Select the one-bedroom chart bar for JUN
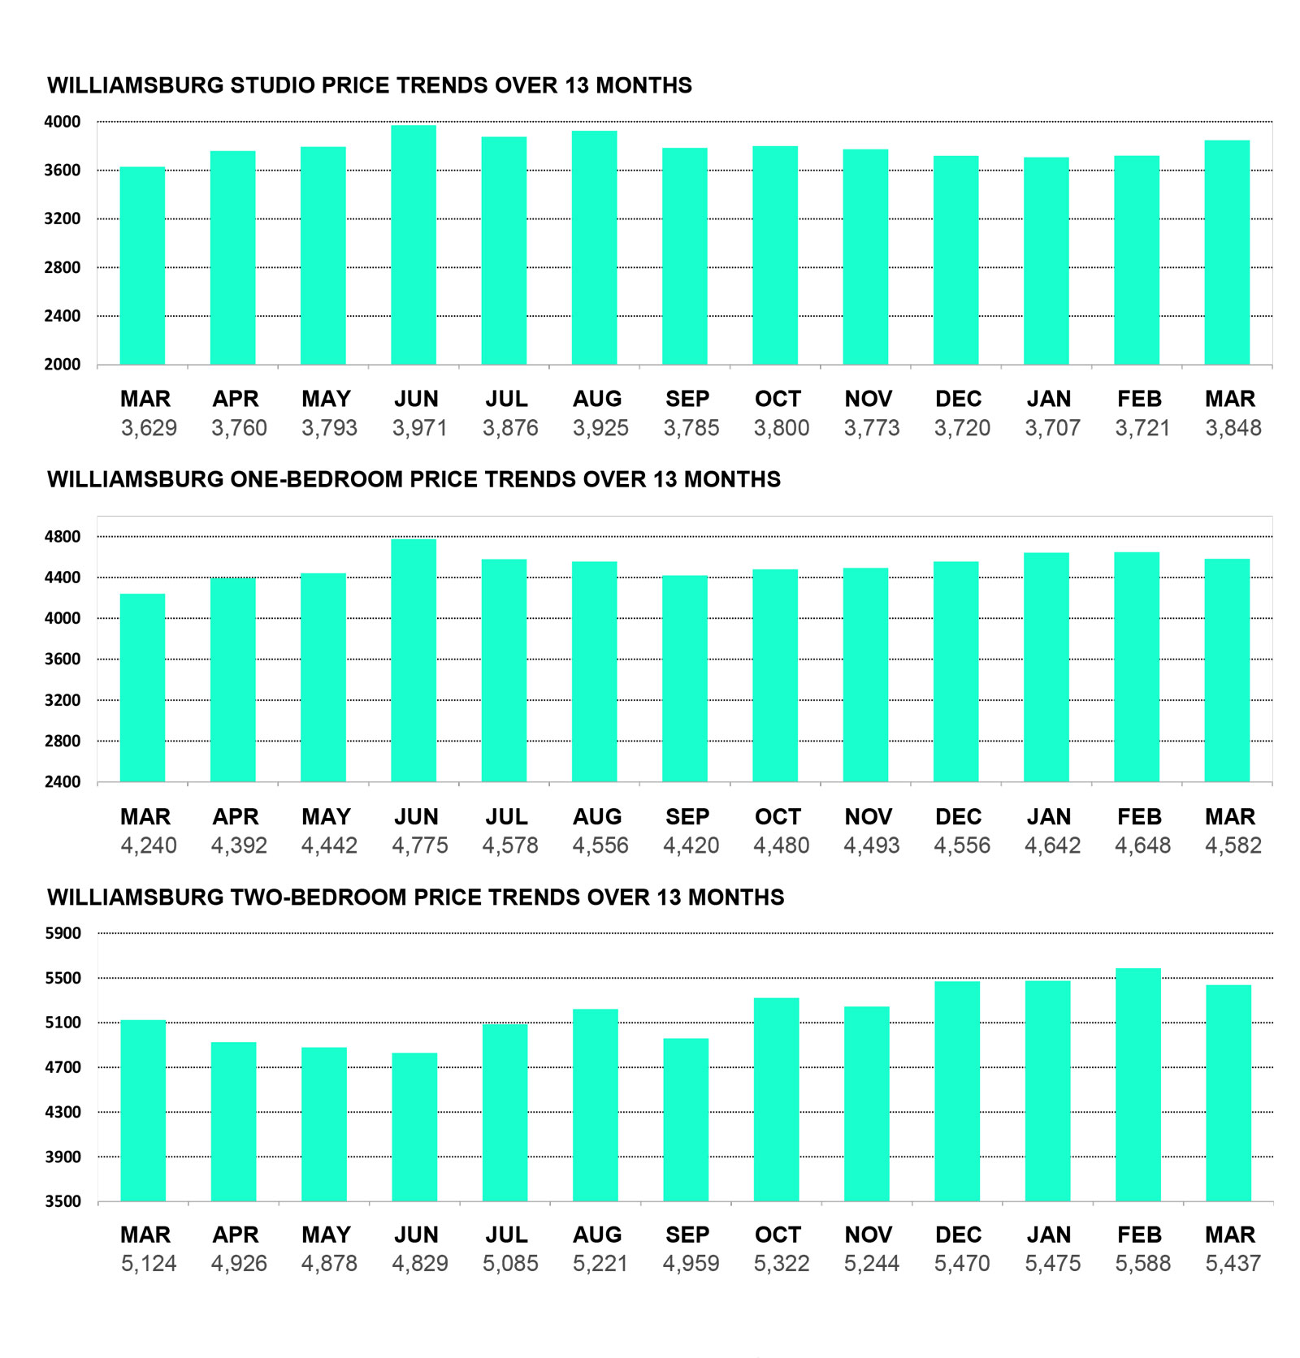coord(413,660)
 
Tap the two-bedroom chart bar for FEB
coord(1137,1084)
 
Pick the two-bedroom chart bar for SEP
coord(686,1119)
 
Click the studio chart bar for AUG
coord(594,248)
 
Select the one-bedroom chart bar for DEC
coord(955,672)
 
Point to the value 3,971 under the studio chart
coord(419,428)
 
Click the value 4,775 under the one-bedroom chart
coord(419,846)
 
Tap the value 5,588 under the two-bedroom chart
coord(1142,1263)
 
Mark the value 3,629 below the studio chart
coord(149,428)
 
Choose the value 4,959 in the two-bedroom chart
coord(691,1263)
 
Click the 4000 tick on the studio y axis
coord(63,122)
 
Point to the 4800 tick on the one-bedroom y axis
coord(63,537)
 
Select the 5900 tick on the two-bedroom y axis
coord(63,933)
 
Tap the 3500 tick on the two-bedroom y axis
coord(63,1201)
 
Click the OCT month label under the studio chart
coord(778,399)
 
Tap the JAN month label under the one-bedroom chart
coord(1048,816)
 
